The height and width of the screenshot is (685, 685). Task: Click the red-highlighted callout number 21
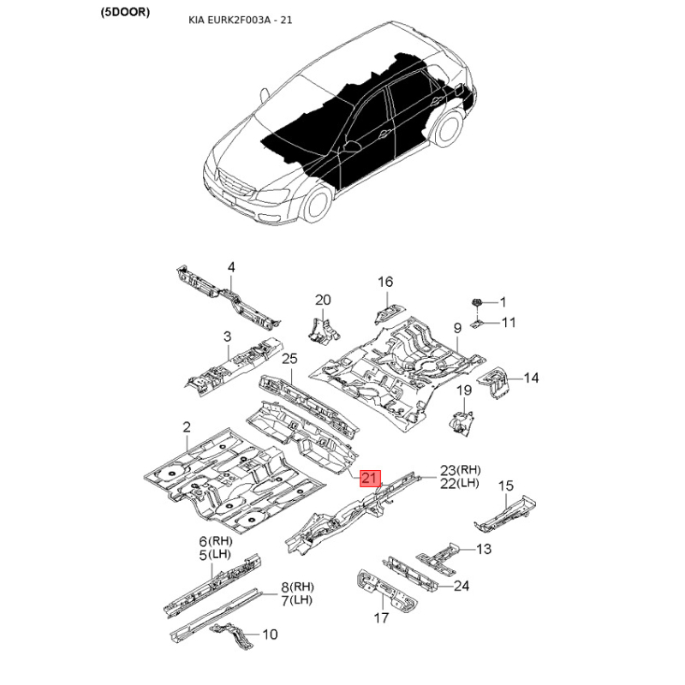tap(370, 478)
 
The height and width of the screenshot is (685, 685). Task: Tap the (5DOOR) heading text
tap(125, 12)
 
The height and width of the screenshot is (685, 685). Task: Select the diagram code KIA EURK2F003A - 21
tap(241, 20)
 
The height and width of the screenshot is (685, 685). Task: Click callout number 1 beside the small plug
tap(503, 302)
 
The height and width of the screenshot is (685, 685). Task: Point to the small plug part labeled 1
tap(477, 302)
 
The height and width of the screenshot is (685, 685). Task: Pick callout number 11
tap(509, 323)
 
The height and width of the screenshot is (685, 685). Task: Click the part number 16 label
tap(385, 282)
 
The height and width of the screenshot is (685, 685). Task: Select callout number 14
tap(531, 378)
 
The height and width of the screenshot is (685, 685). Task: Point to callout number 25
tap(289, 359)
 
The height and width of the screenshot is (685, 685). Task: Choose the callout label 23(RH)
tap(460, 470)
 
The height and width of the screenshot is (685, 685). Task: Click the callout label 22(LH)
tap(460, 483)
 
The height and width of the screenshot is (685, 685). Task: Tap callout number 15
tap(505, 485)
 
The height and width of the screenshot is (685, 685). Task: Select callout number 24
tap(462, 586)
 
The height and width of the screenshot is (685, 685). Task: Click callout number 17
tap(381, 617)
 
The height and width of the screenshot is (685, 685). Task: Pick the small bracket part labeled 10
tap(231, 635)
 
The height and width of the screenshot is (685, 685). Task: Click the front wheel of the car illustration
tap(316, 205)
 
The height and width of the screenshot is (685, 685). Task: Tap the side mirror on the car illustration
tap(351, 146)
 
